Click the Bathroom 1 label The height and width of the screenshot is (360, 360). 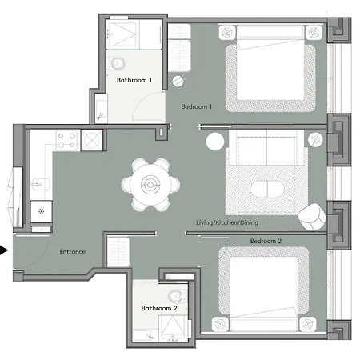[134, 80]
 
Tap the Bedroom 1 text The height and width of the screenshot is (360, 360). [196, 106]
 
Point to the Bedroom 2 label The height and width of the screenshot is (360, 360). [266, 240]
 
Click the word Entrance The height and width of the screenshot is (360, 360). [73, 252]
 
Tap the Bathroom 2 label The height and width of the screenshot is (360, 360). [158, 308]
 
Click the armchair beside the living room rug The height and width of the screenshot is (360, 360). [311, 214]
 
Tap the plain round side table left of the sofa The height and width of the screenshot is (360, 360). [215, 142]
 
